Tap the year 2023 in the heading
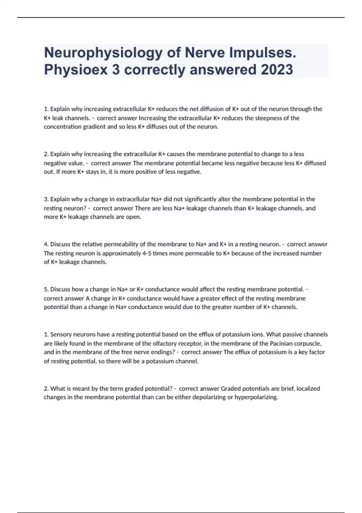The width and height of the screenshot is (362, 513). (x=277, y=70)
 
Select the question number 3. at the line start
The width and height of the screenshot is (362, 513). (x=46, y=199)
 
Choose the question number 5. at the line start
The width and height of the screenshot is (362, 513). (x=46, y=289)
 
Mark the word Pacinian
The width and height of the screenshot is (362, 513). (x=281, y=343)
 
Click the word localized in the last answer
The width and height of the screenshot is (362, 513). (x=308, y=388)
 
